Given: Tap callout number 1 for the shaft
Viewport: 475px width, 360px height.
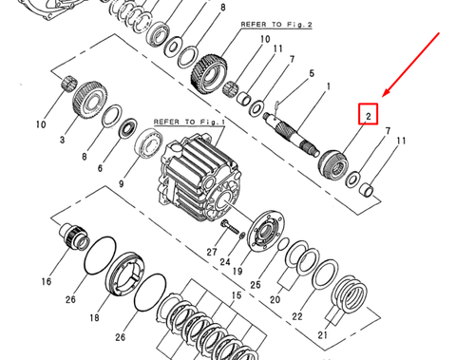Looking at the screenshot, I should coord(328,86).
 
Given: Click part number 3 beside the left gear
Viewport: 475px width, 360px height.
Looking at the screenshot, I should coord(63,139).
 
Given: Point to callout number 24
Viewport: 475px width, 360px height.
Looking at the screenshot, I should coord(225,261).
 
